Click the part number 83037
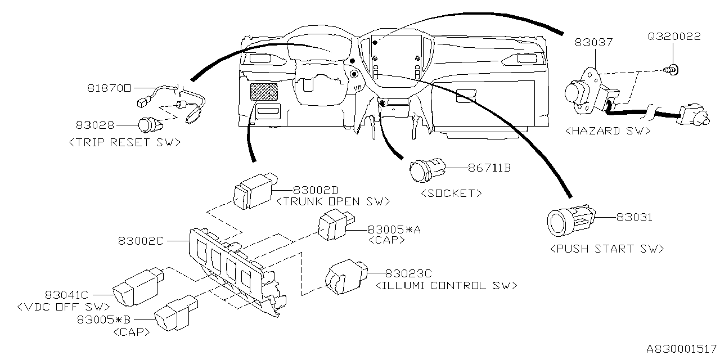click(x=593, y=42)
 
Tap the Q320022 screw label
click(x=674, y=37)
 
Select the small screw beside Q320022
click(x=672, y=70)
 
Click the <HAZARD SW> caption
click(x=607, y=130)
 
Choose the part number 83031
click(x=634, y=217)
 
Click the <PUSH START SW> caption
click(x=606, y=249)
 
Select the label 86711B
click(x=489, y=168)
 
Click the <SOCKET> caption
click(x=451, y=193)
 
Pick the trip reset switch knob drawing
click(x=150, y=124)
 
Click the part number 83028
click(x=94, y=124)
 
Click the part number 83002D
click(x=316, y=190)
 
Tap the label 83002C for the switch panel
click(x=141, y=241)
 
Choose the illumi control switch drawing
click(x=344, y=276)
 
